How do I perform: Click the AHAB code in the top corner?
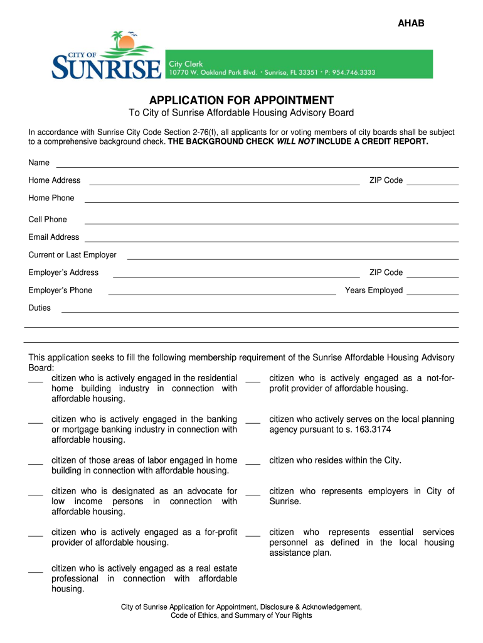[411, 24]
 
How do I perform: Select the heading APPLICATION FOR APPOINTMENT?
[242, 100]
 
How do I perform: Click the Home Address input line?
[225, 183]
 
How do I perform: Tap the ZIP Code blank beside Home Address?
[433, 183]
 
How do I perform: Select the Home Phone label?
[51, 198]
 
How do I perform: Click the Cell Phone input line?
[272, 222]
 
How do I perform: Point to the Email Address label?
[54, 237]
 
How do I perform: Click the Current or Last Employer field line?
[293, 257]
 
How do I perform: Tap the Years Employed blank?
[433, 293]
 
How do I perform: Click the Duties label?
[40, 308]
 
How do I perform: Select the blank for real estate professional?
[36, 571]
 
